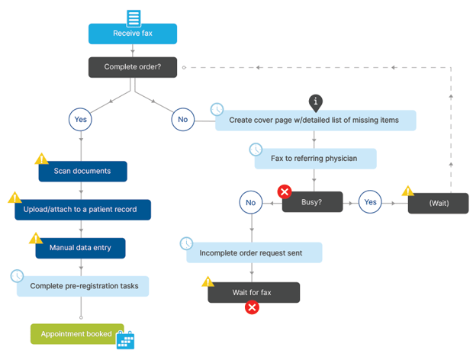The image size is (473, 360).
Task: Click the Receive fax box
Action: click(x=133, y=34)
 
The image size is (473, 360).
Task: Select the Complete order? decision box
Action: click(x=133, y=67)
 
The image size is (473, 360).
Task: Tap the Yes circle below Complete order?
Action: click(x=81, y=120)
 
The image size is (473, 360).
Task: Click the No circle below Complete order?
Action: click(x=183, y=120)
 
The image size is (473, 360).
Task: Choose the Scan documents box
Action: click(x=82, y=171)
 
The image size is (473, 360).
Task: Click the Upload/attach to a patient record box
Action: click(x=82, y=210)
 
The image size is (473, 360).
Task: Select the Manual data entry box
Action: click(x=80, y=248)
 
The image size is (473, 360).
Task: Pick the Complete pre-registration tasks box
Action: click(x=83, y=286)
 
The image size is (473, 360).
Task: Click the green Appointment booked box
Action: click(x=76, y=334)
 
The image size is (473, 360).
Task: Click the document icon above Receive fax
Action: click(x=134, y=18)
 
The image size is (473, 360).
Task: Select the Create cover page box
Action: click(x=316, y=121)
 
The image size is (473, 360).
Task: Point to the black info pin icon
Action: click(x=317, y=102)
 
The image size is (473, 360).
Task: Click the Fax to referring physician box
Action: click(x=315, y=159)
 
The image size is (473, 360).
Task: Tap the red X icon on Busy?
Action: click(x=285, y=191)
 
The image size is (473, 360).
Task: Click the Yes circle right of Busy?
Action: click(x=371, y=202)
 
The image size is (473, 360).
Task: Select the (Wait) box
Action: click(x=438, y=204)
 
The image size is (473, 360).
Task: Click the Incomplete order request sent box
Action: click(x=254, y=252)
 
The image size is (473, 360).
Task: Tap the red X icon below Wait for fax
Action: click(x=252, y=307)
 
